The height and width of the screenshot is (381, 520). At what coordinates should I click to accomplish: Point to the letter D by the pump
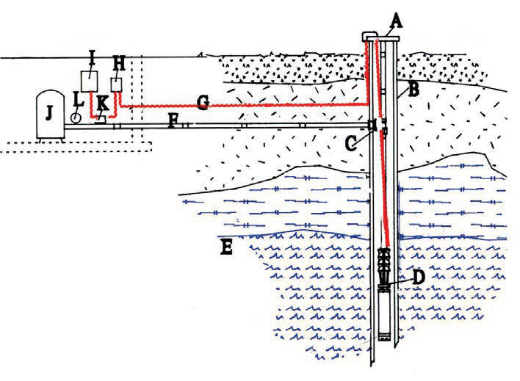pyautogui.click(x=419, y=279)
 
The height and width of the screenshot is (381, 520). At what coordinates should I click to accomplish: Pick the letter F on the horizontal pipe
pyautogui.click(x=172, y=120)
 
